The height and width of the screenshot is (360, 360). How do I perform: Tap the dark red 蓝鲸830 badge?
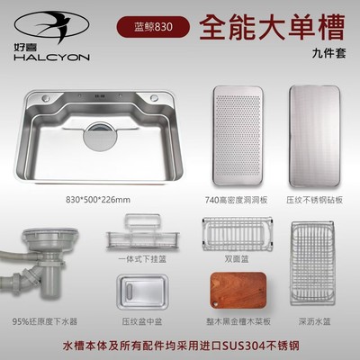click(150, 26)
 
